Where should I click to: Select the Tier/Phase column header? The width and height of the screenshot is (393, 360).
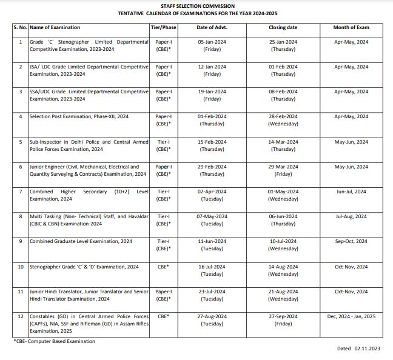tap(163, 28)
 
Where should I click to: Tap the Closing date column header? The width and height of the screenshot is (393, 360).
tap(283, 28)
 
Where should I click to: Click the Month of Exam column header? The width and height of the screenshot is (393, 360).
tap(351, 28)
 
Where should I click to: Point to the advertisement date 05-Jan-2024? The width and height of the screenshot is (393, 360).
tap(212, 42)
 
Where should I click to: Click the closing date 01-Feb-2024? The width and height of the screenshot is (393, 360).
tap(283, 67)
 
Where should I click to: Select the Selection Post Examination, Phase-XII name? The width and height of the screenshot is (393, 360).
tap(79, 116)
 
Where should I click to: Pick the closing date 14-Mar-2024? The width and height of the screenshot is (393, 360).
tap(283, 142)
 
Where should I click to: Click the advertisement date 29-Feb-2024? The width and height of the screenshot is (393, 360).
tap(212, 167)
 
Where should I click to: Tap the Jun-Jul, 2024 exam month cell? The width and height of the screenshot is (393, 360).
tap(351, 192)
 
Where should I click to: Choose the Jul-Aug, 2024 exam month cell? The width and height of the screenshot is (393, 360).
tap(351, 216)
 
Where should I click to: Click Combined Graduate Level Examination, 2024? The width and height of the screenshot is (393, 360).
tap(81, 241)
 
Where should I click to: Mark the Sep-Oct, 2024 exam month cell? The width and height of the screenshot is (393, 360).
tap(351, 241)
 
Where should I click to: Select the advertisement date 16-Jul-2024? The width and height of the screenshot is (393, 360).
tap(212, 267)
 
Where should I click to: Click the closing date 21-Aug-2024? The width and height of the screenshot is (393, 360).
tap(283, 292)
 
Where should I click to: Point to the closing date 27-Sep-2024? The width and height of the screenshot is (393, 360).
tap(283, 316)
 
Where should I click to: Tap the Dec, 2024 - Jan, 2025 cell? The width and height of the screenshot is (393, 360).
tap(351, 316)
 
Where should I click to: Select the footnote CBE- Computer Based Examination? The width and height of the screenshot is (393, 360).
tap(54, 341)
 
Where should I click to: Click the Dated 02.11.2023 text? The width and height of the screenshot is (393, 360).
tap(360, 349)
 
